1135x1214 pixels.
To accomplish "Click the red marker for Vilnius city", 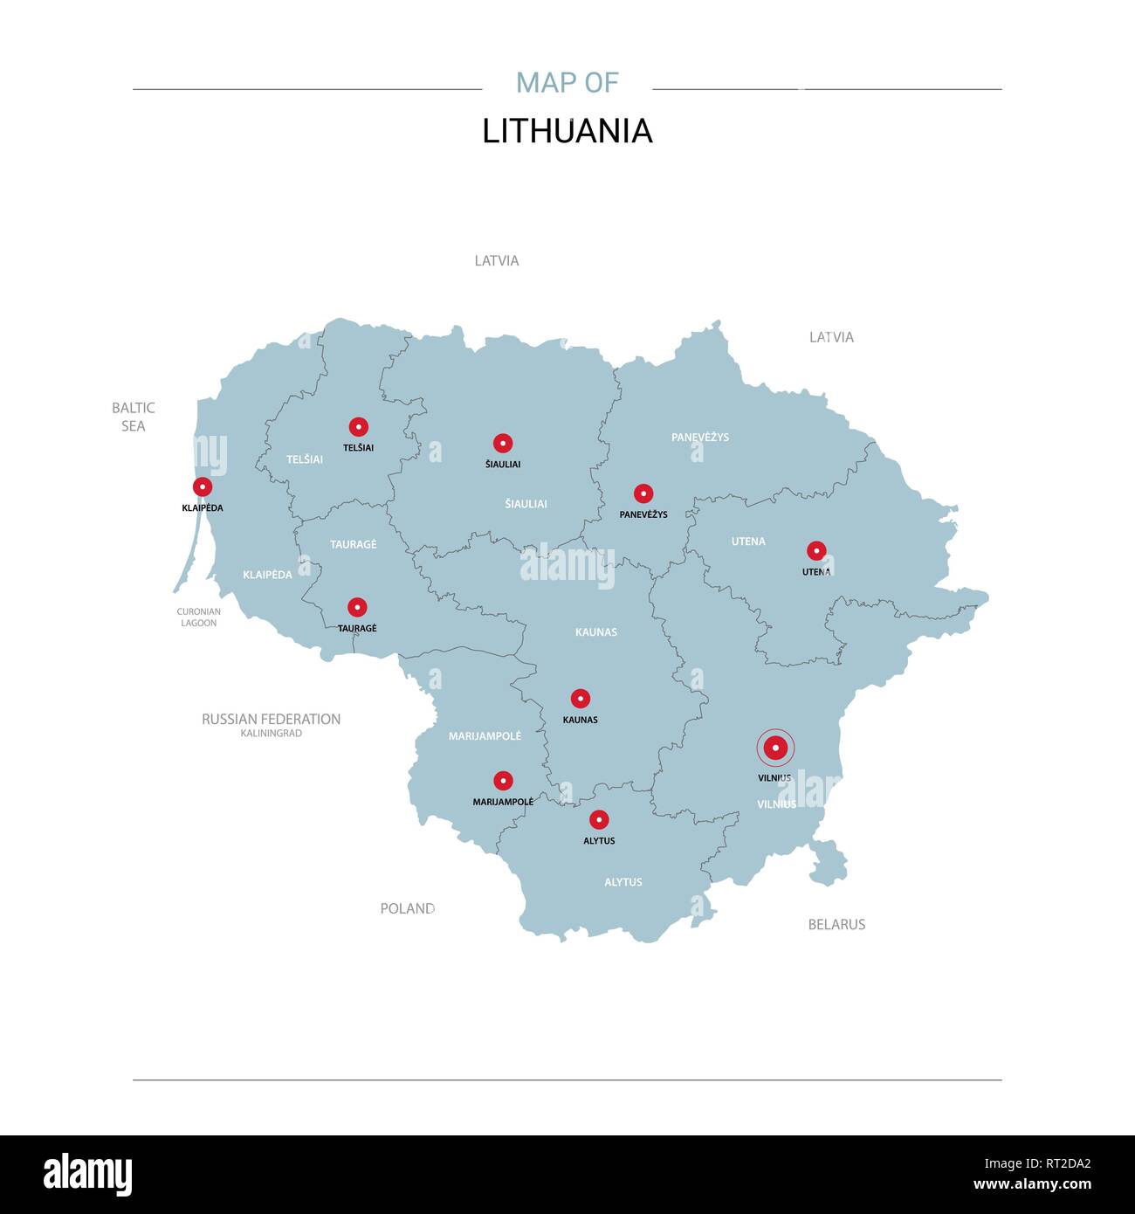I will (775, 748).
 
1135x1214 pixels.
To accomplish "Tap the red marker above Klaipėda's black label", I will (203, 486).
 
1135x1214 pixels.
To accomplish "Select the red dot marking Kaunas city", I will (581, 699).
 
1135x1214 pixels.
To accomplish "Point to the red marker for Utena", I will (816, 551).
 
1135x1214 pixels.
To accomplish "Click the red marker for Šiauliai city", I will (503, 443).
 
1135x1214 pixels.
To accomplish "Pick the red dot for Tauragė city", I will (357, 607).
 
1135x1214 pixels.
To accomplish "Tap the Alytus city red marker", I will (599, 819).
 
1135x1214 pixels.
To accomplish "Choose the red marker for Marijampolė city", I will (503, 780).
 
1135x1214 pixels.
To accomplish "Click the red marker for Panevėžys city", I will (643, 493).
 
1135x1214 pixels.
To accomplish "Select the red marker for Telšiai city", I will (358, 426).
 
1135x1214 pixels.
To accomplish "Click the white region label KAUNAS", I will (596, 631).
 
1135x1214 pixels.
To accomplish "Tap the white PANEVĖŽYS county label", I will (700, 437).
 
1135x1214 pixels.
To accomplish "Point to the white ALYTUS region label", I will (623, 882).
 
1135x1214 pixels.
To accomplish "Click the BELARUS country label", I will (836, 924).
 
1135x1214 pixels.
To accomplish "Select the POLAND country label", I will (407, 908).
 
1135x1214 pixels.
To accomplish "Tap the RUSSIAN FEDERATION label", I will (271, 719).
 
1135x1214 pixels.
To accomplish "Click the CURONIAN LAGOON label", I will (198, 617).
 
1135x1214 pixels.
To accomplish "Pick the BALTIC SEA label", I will (134, 417).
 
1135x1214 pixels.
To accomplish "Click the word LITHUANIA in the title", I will (567, 131).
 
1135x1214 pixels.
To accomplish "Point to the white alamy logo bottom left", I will (88, 1174).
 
